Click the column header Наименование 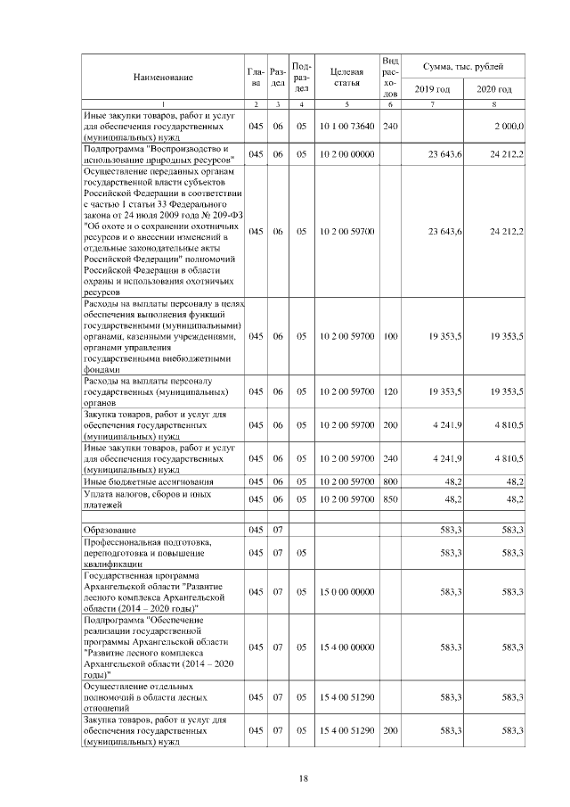tap(163, 78)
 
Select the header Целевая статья tap(345, 78)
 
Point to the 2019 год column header tap(432, 90)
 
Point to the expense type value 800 tap(390, 482)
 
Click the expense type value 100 tap(390, 339)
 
